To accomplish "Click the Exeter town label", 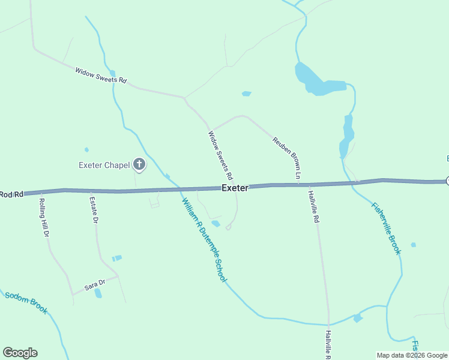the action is (235, 188).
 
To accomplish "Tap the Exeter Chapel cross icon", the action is (139, 164).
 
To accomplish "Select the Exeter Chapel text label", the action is (104, 165).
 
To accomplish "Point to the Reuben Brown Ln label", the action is (286, 158).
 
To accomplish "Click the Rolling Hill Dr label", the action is (43, 218).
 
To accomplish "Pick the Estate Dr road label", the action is (93, 210).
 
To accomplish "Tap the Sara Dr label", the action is (94, 284).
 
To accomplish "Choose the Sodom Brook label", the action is (26, 303).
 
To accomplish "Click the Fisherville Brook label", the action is (386, 228).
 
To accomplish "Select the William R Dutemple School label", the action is (204, 240).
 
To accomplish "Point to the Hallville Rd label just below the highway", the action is (313, 206).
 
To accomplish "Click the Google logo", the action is (20, 353).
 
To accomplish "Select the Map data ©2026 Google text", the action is (412, 355).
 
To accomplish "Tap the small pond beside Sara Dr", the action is (98, 293).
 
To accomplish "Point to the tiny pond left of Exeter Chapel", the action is (86, 149).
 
